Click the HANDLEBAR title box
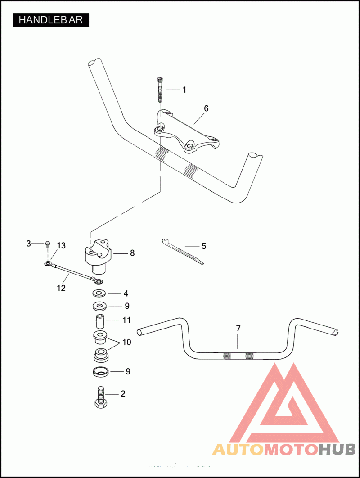click(51, 20)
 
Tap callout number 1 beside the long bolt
click(184, 90)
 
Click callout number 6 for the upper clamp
click(206, 108)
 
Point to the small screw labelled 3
click(48, 244)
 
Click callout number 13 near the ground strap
click(61, 245)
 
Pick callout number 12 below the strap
click(61, 288)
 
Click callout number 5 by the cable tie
click(203, 246)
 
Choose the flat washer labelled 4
click(99, 294)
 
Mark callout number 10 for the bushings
click(126, 342)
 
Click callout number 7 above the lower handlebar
click(238, 329)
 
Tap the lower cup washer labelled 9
click(100, 372)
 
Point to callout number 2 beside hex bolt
click(123, 393)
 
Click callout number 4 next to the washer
click(126, 293)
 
